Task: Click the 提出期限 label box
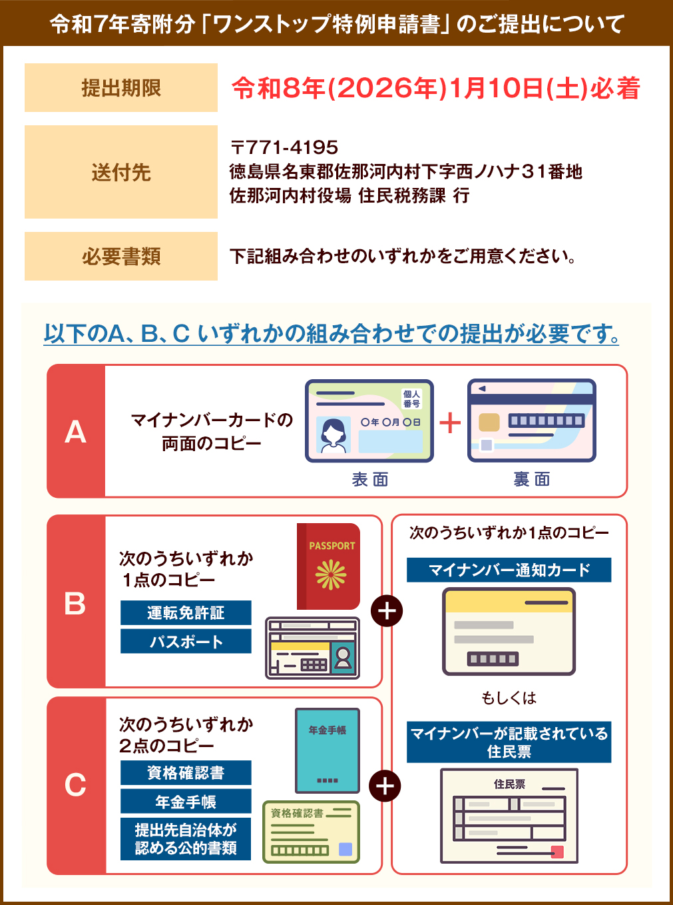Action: pos(120,88)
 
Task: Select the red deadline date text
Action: pos(436,88)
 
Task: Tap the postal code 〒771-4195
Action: pos(284,147)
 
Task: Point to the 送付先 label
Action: pos(120,173)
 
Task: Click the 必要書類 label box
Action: pos(120,257)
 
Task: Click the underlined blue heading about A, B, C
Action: pos(332,333)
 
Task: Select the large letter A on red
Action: pos(75,432)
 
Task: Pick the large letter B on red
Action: pos(75,604)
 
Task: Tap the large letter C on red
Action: pos(75,785)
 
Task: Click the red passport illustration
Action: pos(329,566)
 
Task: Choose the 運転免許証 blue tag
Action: pos(186,613)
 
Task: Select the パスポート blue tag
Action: pos(186,642)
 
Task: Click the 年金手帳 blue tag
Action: pos(186,802)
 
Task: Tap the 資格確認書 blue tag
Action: pos(186,773)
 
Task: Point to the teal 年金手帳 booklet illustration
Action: pos(327,750)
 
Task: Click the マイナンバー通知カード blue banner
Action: pos(509,570)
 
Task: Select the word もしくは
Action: pos(509,698)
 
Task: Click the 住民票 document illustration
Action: pos(509,816)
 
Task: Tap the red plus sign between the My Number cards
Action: pos(451,423)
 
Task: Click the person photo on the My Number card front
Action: pos(333,435)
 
